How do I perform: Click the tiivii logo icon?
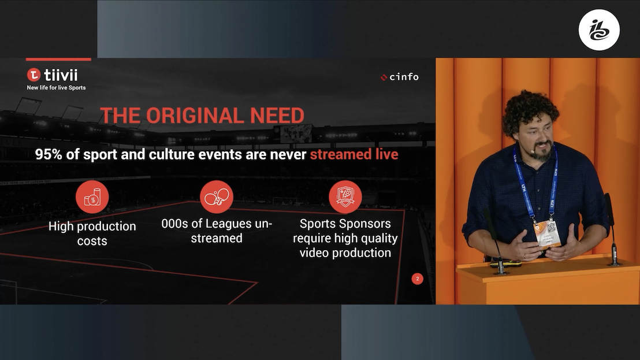[x=34, y=75]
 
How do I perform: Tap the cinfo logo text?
[x=404, y=77]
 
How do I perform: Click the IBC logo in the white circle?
[x=599, y=30]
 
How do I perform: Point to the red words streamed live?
[x=354, y=155]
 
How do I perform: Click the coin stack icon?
[x=92, y=197]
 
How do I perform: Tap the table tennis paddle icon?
[x=217, y=197]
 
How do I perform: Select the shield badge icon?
[x=345, y=197]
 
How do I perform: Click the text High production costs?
[x=92, y=233]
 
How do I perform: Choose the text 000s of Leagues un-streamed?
[x=217, y=231]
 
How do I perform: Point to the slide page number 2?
[x=418, y=279]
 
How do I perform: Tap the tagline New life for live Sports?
[x=56, y=88]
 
